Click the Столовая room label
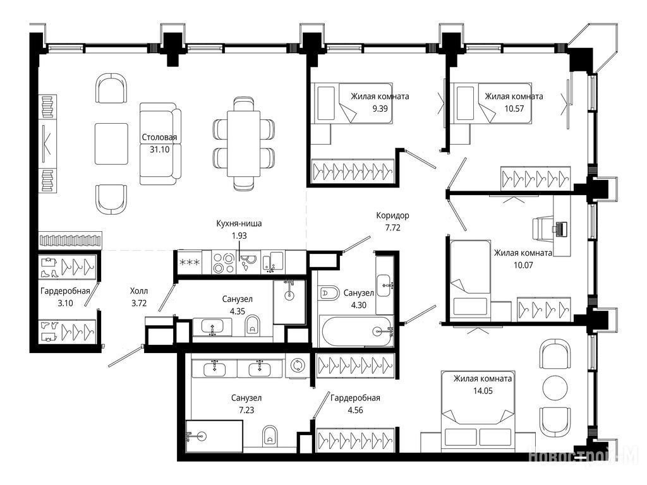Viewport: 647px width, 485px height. coord(159,137)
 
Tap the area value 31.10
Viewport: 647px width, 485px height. coord(159,150)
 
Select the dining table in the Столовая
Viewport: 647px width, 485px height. coord(243,143)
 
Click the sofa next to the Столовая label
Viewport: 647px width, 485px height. coord(160,143)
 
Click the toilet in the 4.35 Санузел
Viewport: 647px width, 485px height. coord(252,325)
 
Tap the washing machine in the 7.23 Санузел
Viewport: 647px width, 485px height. coord(298,366)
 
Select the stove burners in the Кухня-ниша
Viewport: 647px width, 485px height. coord(223,263)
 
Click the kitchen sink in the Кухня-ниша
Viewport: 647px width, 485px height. coord(272,263)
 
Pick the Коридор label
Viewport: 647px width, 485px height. coord(392,215)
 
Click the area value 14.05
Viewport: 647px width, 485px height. coord(482,391)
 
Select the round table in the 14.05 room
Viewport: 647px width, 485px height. coord(555,388)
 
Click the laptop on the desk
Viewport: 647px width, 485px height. coord(561,229)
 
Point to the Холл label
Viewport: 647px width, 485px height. coord(139,291)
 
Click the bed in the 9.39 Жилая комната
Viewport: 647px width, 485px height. coord(351,103)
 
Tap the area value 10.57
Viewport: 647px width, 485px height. coord(514,109)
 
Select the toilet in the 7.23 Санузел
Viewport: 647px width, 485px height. coord(270,435)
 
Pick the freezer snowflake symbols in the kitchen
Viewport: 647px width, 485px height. coord(190,263)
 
